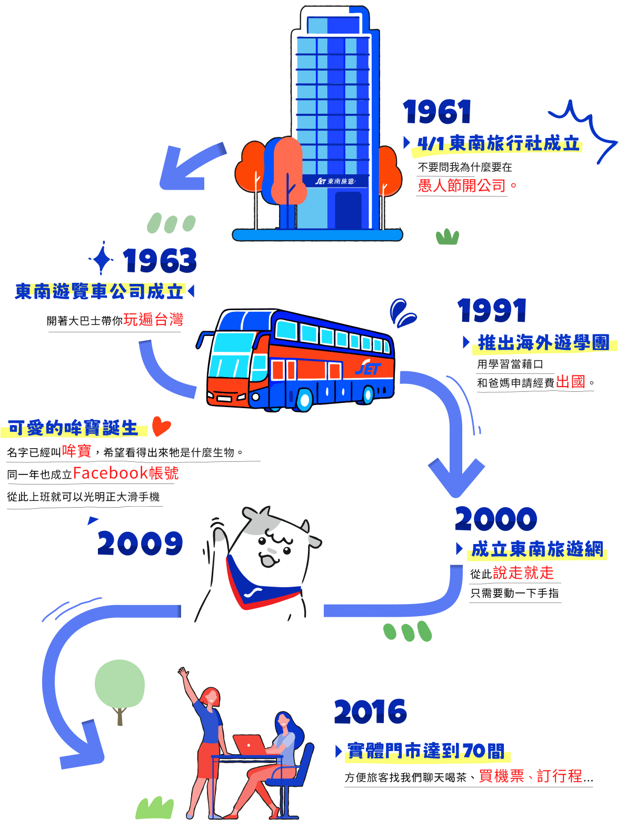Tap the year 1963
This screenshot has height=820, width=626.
[x=160, y=261]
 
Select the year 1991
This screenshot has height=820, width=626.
[x=492, y=310]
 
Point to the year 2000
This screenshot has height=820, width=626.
[x=496, y=519]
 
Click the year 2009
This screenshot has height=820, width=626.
[x=140, y=544]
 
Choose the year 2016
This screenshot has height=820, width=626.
[x=370, y=712]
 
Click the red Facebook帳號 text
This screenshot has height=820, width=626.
[x=126, y=473]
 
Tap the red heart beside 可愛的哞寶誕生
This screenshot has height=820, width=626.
[x=161, y=426]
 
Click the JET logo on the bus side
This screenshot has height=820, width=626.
[x=367, y=368]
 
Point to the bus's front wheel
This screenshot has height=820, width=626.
[x=304, y=400]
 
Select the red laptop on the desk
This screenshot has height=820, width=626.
[x=249, y=744]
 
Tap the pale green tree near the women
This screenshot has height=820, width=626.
[x=120, y=684]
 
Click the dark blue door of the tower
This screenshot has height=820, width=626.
[x=348, y=210]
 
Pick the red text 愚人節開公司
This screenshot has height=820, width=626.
[x=462, y=185]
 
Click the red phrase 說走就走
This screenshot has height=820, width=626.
[x=523, y=572]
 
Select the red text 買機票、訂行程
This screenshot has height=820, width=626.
[x=530, y=776]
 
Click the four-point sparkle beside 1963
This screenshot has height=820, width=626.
[x=102, y=259]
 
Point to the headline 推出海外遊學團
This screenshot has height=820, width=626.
[x=543, y=343]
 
